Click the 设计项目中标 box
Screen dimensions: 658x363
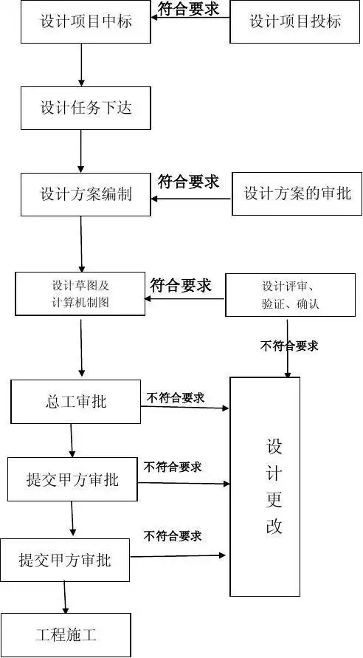[x=86, y=21]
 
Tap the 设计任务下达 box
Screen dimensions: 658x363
[x=86, y=108]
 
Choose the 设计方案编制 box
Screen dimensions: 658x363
[x=86, y=194]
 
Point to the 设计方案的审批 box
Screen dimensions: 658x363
[x=297, y=193]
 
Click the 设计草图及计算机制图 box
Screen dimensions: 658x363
[x=80, y=294]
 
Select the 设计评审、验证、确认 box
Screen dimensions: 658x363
[x=290, y=295]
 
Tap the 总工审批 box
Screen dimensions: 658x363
[x=75, y=402]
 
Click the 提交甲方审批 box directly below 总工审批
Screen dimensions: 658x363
[x=72, y=479]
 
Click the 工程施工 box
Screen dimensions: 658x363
[x=66, y=634]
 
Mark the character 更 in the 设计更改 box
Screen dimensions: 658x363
[x=274, y=499]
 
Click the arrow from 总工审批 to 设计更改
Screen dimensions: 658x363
[x=184, y=407]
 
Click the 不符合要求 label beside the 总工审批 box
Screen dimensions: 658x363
[x=175, y=397]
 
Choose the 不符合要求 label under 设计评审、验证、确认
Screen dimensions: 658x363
[x=289, y=346]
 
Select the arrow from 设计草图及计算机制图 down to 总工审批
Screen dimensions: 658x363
[x=81, y=347]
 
